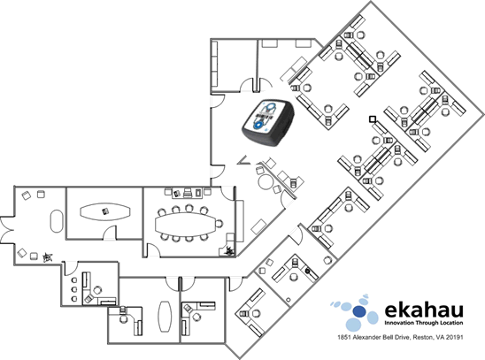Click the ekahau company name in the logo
(x=424, y=310)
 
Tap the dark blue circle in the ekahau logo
(x=358, y=311)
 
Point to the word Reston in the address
(x=421, y=337)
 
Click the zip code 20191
(x=456, y=337)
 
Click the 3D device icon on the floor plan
(x=268, y=122)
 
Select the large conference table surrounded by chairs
(x=186, y=224)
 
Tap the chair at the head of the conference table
(x=219, y=223)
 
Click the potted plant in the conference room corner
(x=229, y=250)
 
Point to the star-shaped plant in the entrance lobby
(x=47, y=257)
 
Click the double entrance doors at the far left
(x=7, y=230)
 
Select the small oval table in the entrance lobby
(x=57, y=221)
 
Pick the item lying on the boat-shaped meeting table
(x=105, y=211)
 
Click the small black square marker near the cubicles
(x=373, y=119)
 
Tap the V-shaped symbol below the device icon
(x=244, y=160)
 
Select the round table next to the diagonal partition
(x=265, y=181)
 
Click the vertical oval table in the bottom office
(x=165, y=316)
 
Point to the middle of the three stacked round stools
(x=74, y=289)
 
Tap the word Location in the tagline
(x=450, y=323)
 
